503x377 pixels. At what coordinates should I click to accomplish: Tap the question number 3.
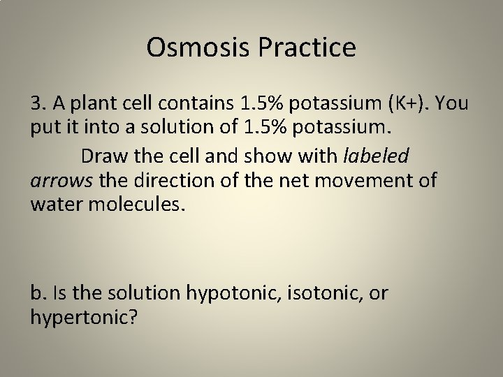38,105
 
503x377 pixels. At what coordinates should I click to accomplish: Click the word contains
198,105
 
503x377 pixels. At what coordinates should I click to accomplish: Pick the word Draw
103,155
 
